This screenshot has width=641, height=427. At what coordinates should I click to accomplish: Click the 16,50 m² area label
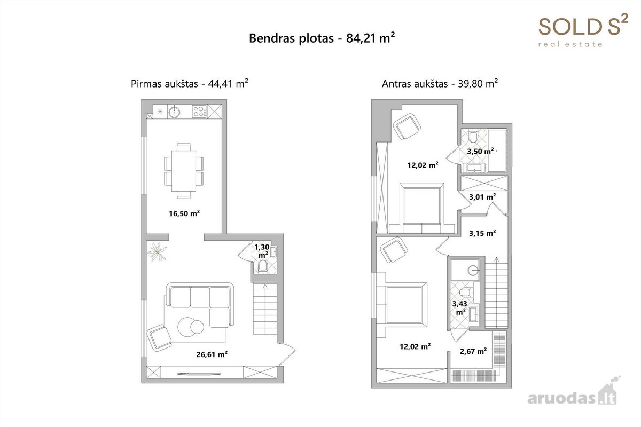coord(184,213)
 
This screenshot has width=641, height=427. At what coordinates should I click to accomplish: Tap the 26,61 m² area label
coord(212,354)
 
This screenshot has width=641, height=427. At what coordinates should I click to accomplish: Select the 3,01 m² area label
coord(482,197)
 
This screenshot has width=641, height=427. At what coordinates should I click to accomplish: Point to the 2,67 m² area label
coord(473,351)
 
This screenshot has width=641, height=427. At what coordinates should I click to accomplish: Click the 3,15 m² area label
coord(482,233)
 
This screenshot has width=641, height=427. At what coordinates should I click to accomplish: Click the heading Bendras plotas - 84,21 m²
coord(322,38)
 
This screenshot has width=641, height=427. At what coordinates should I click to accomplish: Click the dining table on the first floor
coord(184,171)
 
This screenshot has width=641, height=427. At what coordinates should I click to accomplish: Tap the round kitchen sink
coord(174,112)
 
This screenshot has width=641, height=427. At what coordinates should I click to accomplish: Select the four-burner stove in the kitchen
coord(199,112)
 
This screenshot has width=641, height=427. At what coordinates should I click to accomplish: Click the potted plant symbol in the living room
coord(157,252)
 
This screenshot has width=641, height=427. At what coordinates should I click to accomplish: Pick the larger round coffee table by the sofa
coord(187,327)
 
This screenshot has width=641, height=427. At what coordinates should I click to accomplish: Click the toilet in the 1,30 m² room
coord(263,266)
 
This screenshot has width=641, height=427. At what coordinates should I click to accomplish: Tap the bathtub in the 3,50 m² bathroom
coord(497,151)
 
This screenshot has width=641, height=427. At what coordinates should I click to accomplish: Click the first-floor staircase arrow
coord(265,309)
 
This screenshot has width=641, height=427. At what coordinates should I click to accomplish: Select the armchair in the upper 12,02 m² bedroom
coord(407,126)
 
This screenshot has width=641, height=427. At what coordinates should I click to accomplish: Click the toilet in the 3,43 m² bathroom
coord(465,292)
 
